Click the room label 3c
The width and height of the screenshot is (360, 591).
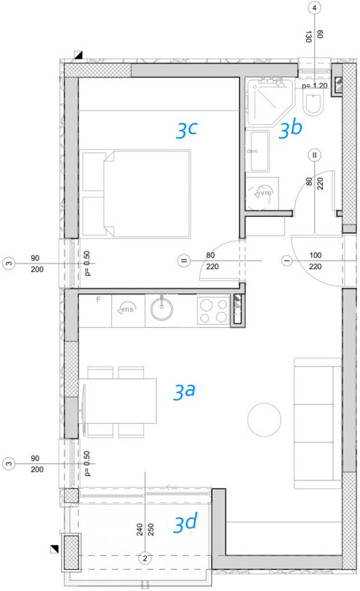click(x=187, y=130)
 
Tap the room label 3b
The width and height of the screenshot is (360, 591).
click(x=291, y=129)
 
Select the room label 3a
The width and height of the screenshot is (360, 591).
click(x=184, y=391)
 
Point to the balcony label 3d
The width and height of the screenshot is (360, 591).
click(x=185, y=523)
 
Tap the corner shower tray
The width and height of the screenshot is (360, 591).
click(x=269, y=102)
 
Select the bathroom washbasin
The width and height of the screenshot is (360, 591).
click(x=258, y=151)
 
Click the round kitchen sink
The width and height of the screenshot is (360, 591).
click(x=162, y=309)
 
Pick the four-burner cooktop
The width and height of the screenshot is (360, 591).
click(x=214, y=311)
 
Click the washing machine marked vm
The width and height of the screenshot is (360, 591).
click(x=262, y=193)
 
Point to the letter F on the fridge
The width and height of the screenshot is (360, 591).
click(x=98, y=300)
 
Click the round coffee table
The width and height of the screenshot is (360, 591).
click(x=264, y=420)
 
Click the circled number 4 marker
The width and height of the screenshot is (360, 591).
click(x=315, y=8)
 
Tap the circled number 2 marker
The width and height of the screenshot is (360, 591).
click(x=145, y=558)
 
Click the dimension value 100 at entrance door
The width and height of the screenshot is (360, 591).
click(x=315, y=255)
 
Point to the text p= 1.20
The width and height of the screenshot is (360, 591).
click(x=315, y=85)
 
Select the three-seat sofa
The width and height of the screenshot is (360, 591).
click(x=318, y=423)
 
